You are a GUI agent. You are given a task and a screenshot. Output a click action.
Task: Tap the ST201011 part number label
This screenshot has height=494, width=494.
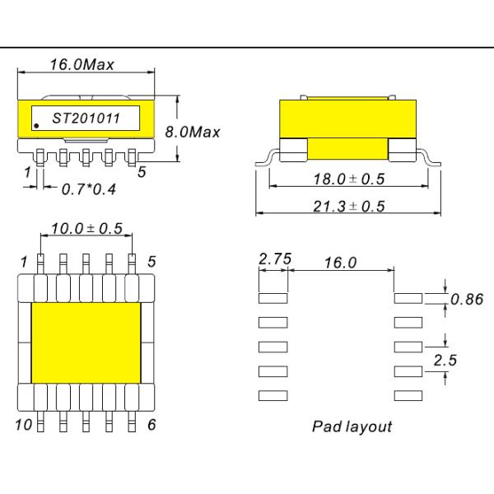(x=86, y=119)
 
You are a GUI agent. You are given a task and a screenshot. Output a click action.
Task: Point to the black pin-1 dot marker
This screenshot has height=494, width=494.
(x=37, y=126)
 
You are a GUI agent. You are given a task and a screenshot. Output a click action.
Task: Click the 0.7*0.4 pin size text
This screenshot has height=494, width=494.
(x=89, y=189)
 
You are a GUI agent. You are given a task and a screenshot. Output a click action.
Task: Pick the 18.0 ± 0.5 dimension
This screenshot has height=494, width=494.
(x=349, y=179)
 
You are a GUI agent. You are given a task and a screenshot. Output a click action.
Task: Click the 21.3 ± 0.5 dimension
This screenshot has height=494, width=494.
(x=349, y=206)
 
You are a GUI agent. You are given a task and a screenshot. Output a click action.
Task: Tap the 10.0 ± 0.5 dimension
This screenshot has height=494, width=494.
(x=86, y=228)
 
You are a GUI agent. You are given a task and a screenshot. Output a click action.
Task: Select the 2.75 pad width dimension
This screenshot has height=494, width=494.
(x=274, y=259)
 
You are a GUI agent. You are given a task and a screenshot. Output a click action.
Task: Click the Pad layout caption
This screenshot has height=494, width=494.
(x=352, y=426)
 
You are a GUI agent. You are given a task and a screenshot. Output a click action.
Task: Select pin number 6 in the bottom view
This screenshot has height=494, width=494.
(x=151, y=425)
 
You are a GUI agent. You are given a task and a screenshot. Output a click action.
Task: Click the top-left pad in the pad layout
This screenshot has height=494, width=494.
(x=273, y=297)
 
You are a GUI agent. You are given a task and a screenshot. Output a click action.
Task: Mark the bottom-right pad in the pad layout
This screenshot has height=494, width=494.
(x=408, y=396)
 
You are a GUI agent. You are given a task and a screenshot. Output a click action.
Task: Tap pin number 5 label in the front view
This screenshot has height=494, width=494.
(x=142, y=172)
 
